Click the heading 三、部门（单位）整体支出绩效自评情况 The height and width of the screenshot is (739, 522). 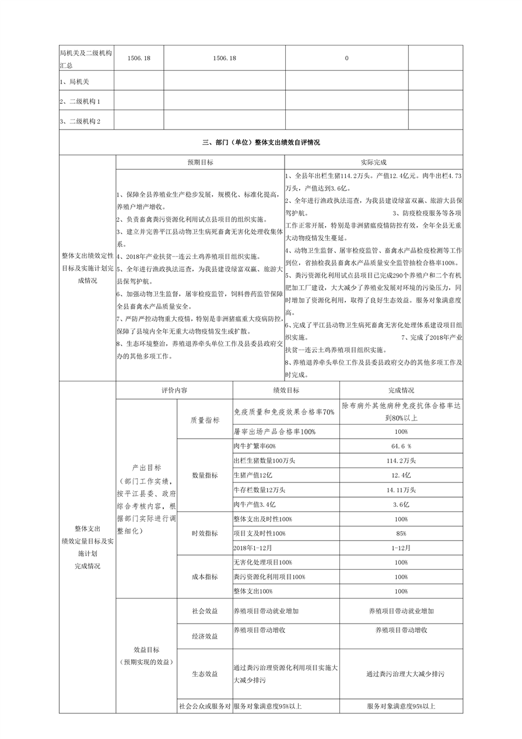click(x=261, y=142)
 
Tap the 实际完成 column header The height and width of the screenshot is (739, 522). click(x=374, y=162)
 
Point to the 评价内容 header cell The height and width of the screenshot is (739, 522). click(x=174, y=390)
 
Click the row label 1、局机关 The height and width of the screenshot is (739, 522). click(x=74, y=82)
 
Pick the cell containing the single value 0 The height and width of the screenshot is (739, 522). click(x=346, y=58)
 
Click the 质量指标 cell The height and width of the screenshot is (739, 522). click(x=205, y=419)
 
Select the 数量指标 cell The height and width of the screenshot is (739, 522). click(x=205, y=475)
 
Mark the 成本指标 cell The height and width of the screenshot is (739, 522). click(x=205, y=577)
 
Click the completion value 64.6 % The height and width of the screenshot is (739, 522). click(x=401, y=447)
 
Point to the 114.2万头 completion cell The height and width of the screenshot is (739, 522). click(x=401, y=461)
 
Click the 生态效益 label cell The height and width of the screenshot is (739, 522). click(x=205, y=674)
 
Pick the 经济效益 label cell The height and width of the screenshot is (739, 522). click(x=205, y=636)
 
